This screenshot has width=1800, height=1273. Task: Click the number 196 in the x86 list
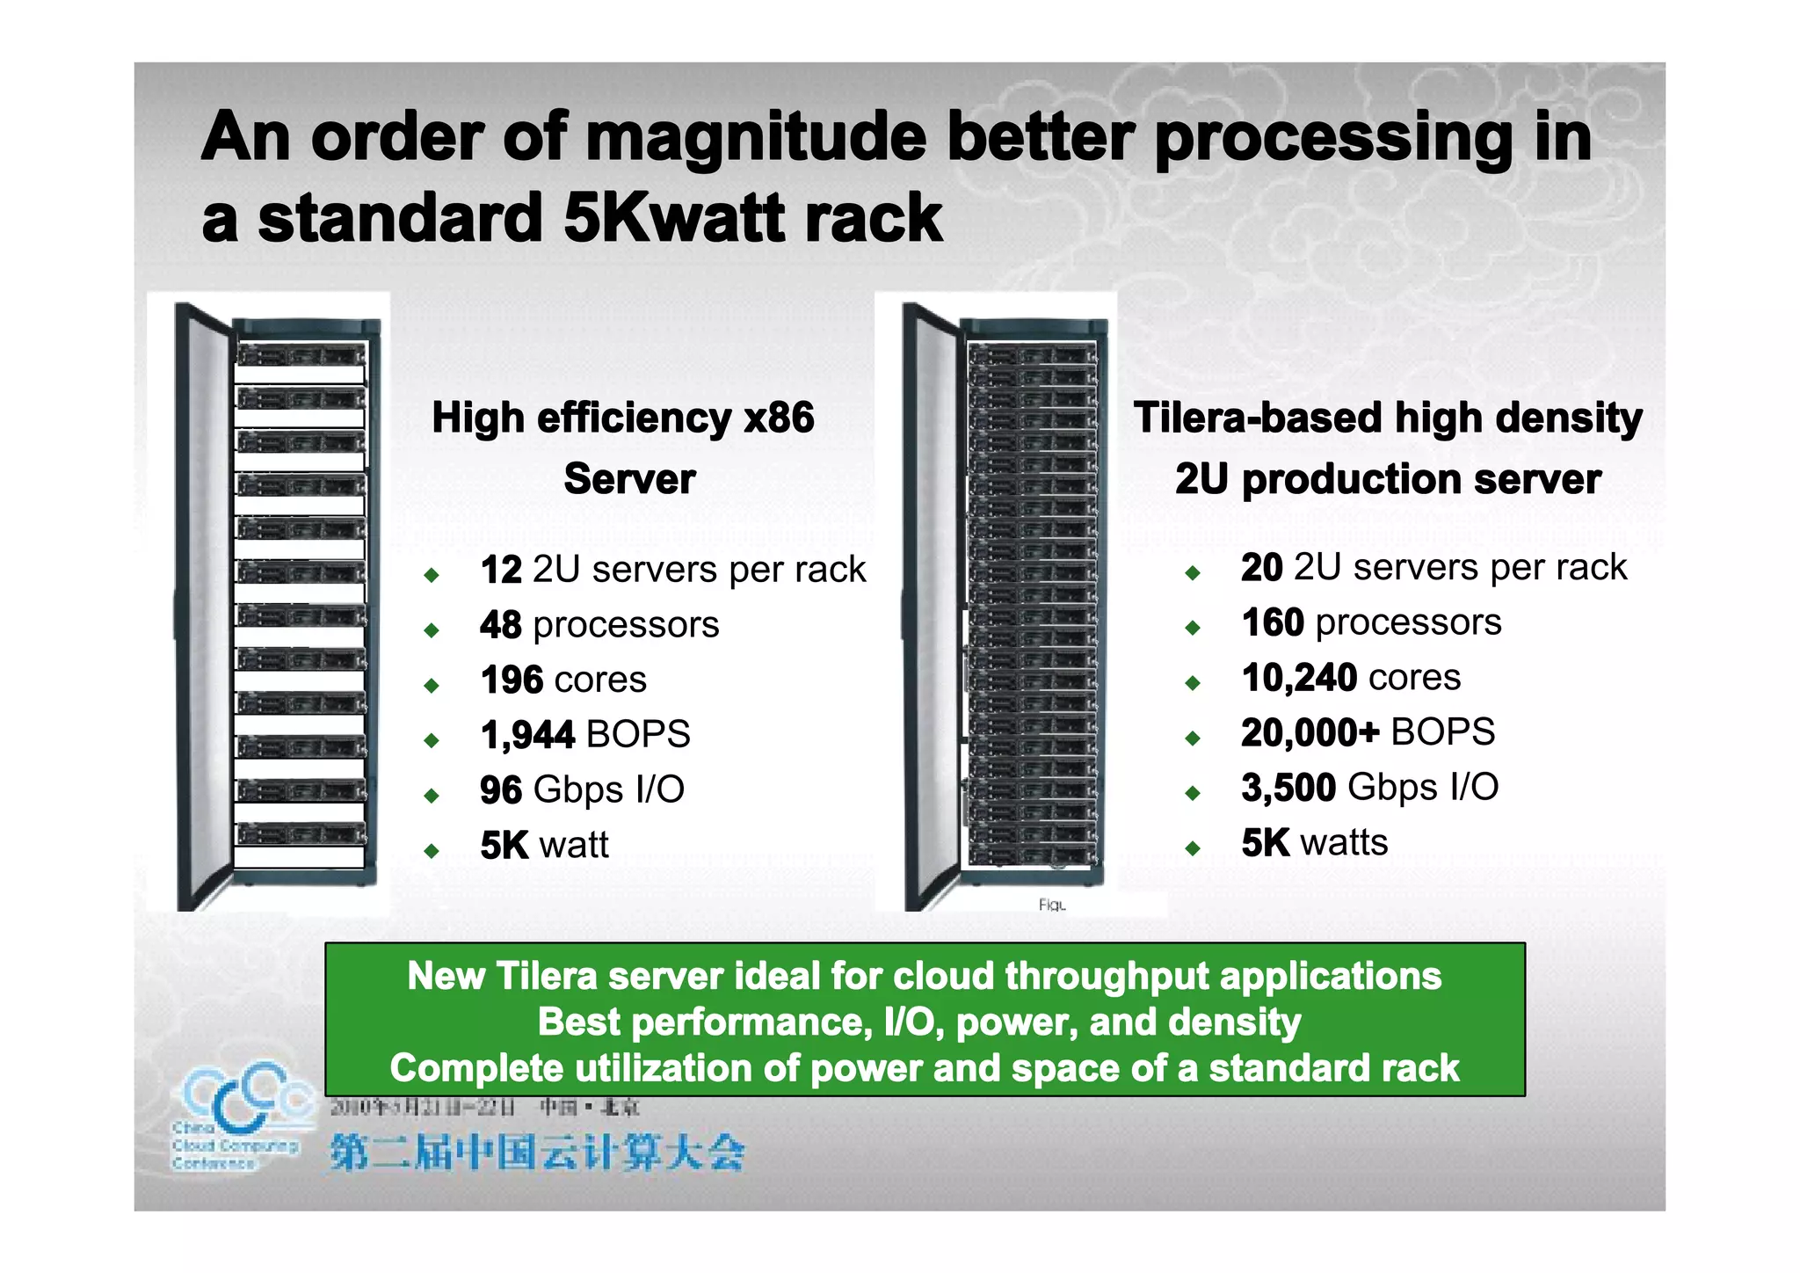point(512,680)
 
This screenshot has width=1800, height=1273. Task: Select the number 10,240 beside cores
point(1299,678)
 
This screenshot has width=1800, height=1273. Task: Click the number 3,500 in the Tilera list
point(1288,788)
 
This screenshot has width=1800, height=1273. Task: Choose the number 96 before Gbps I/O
point(501,790)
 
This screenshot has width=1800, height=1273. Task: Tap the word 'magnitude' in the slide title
point(755,138)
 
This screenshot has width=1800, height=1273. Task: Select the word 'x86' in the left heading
point(779,418)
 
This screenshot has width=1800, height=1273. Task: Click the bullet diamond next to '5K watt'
point(431,850)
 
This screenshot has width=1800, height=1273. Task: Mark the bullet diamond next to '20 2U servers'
point(1192,573)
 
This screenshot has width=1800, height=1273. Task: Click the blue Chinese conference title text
point(537,1153)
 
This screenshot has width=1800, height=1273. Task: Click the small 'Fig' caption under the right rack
point(1051,905)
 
